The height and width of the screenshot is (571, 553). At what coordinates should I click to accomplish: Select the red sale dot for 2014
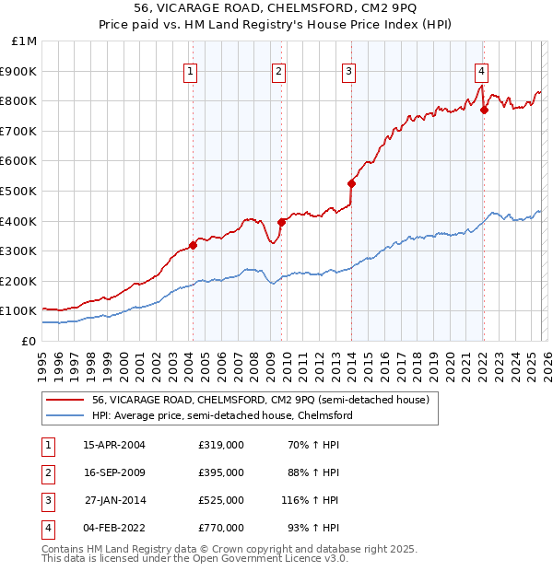(x=351, y=182)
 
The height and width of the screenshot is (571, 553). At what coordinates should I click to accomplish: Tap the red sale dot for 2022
(x=484, y=110)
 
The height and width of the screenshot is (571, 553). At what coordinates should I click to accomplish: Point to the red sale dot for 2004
(x=193, y=245)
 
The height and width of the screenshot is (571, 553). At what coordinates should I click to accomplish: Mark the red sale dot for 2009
(x=281, y=222)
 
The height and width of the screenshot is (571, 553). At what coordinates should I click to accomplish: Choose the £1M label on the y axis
(x=25, y=41)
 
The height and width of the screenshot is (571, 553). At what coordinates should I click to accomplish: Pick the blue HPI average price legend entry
(x=221, y=416)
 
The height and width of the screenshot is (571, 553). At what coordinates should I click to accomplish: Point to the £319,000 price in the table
(x=221, y=445)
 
